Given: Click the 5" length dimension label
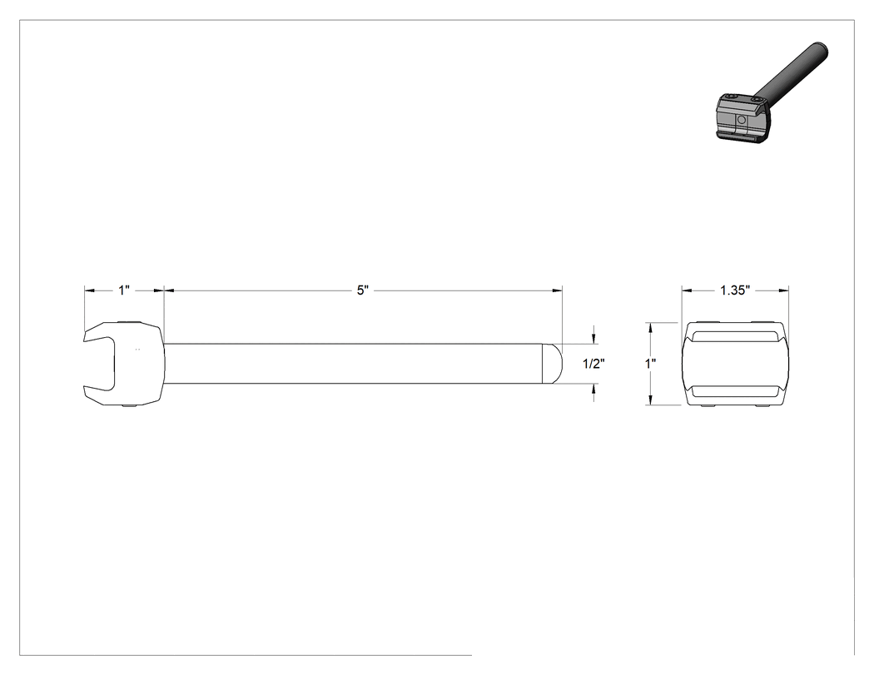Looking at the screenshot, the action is click(x=363, y=290).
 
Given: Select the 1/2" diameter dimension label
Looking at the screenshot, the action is click(x=593, y=364).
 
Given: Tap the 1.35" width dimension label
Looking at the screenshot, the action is click(x=735, y=290).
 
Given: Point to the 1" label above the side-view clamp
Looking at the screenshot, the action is click(x=124, y=290).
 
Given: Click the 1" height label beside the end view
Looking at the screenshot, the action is click(x=650, y=364).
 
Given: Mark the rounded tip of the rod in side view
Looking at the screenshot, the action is click(x=553, y=364).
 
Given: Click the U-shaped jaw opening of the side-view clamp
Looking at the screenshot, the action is click(x=102, y=364).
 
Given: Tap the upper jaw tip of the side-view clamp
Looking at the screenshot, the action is click(x=85, y=336).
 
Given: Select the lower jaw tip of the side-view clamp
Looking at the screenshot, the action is click(x=85, y=391).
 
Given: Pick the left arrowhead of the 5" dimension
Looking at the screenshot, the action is click(x=169, y=290).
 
